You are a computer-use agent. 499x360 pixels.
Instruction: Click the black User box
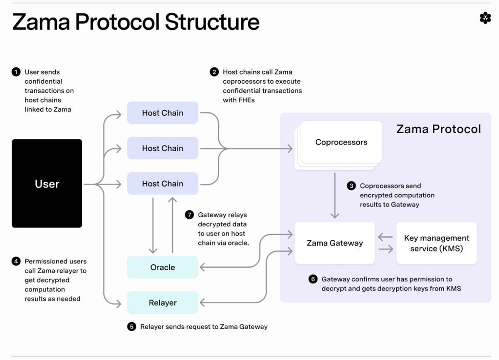47,184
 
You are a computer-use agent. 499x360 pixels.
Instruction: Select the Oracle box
163,267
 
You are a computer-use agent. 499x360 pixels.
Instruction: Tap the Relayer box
163,303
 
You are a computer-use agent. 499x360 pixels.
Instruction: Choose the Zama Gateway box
335,243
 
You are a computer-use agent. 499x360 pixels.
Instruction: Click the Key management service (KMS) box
436,243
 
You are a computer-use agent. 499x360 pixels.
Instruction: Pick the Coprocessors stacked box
341,142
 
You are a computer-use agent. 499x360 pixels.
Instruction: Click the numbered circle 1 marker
16,72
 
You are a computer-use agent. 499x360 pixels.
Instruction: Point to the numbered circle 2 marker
214,72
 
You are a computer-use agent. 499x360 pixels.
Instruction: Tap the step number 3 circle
351,186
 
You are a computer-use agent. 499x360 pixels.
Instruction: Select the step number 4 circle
16,261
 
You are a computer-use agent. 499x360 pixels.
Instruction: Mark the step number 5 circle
132,327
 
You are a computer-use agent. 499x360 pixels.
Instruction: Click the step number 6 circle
313,279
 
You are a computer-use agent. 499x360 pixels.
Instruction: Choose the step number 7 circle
190,215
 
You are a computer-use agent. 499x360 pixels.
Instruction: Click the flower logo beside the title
485,18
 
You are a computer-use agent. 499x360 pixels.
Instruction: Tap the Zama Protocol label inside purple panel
438,129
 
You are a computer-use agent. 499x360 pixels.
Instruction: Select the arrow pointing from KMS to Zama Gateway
385,238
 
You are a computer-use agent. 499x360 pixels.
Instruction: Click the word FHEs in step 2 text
247,100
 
